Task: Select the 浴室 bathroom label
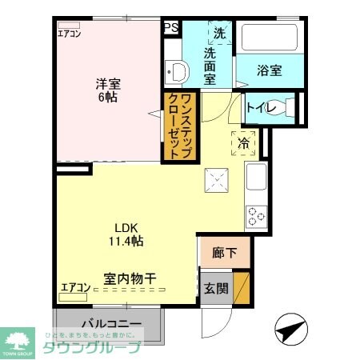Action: click(269, 70)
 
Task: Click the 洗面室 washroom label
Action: click(210, 66)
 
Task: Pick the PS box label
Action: click(170, 27)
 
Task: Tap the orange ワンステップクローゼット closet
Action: click(181, 127)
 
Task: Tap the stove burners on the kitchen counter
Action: click(257, 215)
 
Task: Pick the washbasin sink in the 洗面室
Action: click(177, 74)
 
